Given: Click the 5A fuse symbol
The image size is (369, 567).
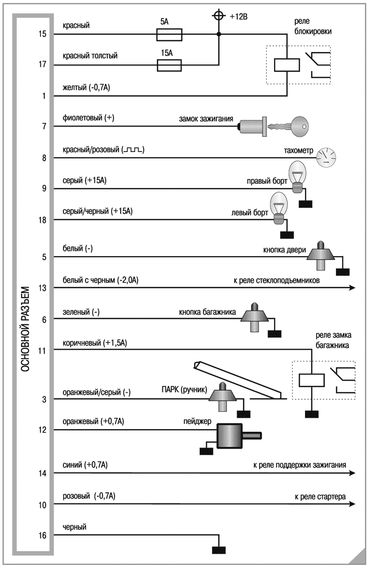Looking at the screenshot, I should [x=169, y=34].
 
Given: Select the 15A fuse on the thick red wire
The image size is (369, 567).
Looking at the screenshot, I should [x=169, y=64].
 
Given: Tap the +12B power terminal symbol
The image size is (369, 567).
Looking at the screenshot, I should [x=218, y=16].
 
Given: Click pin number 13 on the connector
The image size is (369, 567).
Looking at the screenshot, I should [x=42, y=288].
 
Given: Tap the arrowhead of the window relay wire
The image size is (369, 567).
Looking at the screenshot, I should [x=351, y=288].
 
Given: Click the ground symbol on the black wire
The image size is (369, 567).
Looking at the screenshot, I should [x=218, y=550].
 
